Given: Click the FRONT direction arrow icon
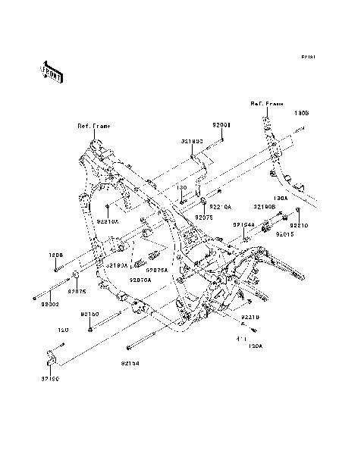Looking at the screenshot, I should (x=51, y=71).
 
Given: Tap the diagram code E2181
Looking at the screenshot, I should (x=307, y=57).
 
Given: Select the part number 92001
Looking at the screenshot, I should (x=221, y=124).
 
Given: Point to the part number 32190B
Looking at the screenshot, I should (x=265, y=206).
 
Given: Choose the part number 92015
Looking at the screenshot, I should (x=284, y=236).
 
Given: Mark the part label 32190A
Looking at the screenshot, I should (x=118, y=265).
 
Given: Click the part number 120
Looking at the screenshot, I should (x=64, y=330).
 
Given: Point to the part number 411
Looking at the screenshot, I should (x=243, y=338).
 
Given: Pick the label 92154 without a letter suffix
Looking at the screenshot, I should (x=130, y=363).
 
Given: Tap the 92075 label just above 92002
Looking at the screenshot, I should (x=77, y=290).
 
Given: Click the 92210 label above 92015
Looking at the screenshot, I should (x=299, y=225).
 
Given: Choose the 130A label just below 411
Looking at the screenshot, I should (x=255, y=346).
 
